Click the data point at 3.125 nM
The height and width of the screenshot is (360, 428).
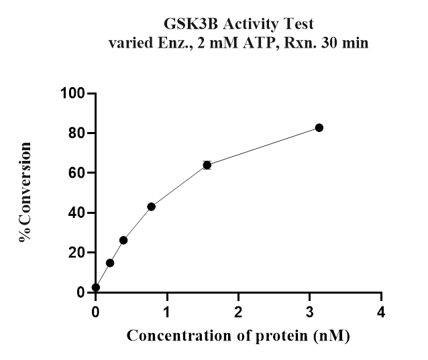coord(319,127)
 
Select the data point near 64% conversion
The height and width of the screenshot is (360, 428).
coord(207,165)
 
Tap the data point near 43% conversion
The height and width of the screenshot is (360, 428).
coord(152,206)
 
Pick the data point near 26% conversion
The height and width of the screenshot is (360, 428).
coord(123,240)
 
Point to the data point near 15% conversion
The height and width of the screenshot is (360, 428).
coord(110,263)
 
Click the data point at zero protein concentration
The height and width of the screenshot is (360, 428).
coord(96,287)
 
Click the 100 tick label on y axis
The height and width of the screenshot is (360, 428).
coord(74,93)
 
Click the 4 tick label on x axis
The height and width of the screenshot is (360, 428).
coord(381,312)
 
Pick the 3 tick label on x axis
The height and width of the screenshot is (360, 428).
coord(310,312)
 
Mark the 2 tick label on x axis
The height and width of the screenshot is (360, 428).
coord(239,312)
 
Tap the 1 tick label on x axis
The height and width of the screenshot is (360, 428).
coord(167,312)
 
